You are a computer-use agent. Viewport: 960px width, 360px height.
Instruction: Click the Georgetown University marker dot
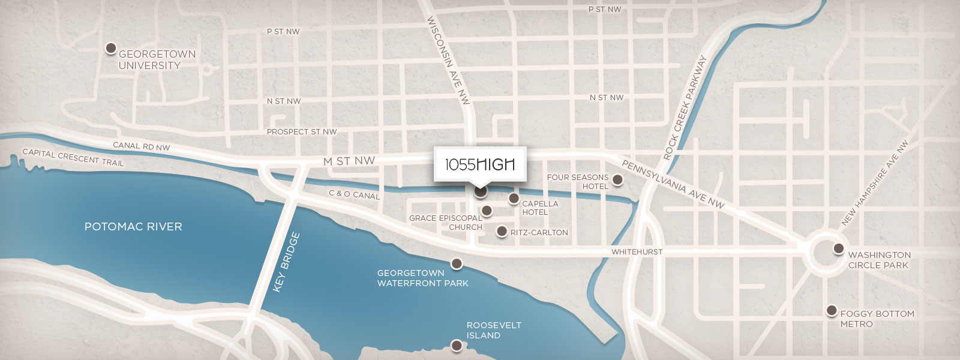(x=110, y=48)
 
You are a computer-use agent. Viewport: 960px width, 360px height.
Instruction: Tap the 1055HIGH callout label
(x=480, y=164)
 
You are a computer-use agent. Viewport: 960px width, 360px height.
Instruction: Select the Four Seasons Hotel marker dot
(x=617, y=179)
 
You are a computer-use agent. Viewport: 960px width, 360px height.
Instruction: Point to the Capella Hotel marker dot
(x=514, y=198)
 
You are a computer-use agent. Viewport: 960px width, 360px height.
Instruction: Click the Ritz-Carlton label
(x=539, y=232)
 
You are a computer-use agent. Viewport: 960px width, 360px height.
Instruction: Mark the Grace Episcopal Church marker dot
(x=487, y=211)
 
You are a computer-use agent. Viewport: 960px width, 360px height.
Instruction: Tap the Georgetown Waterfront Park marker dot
(x=457, y=263)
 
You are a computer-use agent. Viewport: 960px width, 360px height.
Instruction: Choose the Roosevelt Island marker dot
(x=457, y=346)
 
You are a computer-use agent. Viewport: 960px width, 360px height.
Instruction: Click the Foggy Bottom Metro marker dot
(x=831, y=310)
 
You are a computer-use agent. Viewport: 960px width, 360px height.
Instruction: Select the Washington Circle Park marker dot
(x=838, y=248)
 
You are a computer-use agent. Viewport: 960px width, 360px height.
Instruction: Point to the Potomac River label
(x=133, y=227)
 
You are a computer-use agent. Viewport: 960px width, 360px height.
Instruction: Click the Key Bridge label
(x=286, y=262)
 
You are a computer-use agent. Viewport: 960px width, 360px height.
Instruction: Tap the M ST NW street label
(x=349, y=161)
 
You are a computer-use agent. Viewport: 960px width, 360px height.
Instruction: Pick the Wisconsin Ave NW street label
(x=448, y=60)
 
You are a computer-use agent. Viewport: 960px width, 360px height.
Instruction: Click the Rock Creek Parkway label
(x=685, y=108)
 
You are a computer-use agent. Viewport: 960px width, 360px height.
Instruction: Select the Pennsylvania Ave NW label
(x=673, y=184)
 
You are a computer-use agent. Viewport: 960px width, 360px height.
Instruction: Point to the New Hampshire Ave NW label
(x=875, y=183)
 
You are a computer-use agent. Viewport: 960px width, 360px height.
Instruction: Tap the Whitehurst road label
(x=637, y=252)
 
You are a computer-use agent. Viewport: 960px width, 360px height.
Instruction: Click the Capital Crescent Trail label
(x=73, y=157)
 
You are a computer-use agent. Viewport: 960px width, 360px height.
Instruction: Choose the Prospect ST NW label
(x=301, y=132)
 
